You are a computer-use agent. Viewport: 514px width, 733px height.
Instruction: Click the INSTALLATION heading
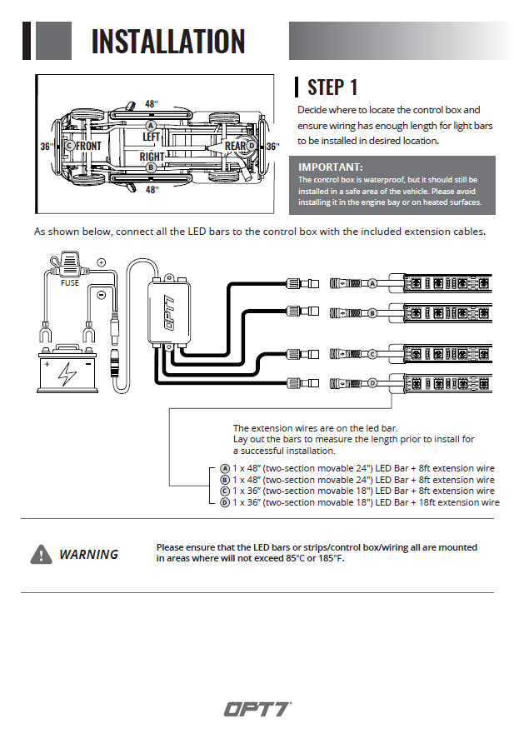click(x=168, y=41)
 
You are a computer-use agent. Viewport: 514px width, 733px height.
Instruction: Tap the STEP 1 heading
click(x=332, y=87)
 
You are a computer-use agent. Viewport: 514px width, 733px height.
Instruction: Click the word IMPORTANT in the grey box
click(x=329, y=167)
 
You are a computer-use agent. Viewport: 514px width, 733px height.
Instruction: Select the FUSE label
click(x=70, y=283)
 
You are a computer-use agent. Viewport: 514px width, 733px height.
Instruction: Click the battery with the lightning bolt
click(x=67, y=368)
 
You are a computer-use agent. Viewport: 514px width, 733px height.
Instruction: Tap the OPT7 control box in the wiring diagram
click(x=170, y=312)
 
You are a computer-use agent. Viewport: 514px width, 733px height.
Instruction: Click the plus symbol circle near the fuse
click(x=102, y=262)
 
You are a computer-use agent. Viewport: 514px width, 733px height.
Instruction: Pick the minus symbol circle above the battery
click(x=101, y=295)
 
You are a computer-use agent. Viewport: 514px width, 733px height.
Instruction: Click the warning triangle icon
click(x=41, y=555)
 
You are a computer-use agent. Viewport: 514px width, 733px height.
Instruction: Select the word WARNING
click(x=88, y=555)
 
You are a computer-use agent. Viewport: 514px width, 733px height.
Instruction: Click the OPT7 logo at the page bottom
click(x=257, y=709)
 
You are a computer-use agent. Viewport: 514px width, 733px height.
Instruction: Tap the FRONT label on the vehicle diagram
click(x=88, y=146)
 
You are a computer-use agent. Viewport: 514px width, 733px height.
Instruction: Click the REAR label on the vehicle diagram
click(x=235, y=146)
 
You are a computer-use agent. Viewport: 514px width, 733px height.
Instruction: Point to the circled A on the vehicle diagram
click(x=151, y=126)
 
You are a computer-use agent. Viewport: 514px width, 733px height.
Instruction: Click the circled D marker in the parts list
click(x=225, y=502)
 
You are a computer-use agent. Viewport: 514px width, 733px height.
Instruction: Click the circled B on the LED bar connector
click(x=372, y=313)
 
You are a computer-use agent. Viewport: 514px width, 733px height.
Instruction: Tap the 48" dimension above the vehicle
click(x=152, y=104)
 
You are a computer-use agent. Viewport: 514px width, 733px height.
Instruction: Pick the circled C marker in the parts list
click(x=225, y=491)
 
